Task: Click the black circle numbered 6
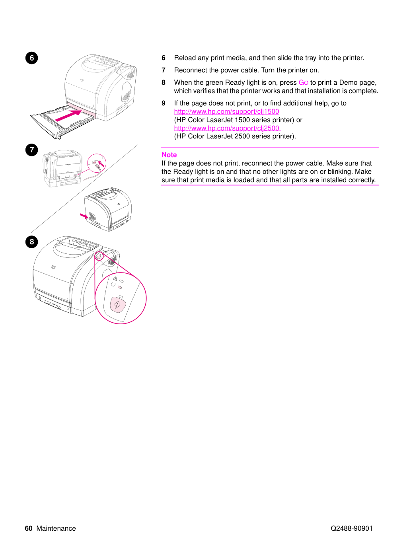click(32, 58)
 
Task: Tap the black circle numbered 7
click(32, 150)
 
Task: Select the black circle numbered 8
click(32, 242)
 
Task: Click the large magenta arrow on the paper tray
click(68, 115)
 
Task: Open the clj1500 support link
click(226, 111)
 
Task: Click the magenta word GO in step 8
click(303, 82)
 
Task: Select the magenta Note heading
click(169, 155)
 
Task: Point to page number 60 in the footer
click(28, 528)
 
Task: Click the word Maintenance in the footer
click(56, 528)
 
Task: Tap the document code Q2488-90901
click(351, 528)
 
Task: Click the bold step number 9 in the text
click(164, 103)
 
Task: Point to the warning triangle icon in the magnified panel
click(115, 278)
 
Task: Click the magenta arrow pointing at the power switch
click(84, 216)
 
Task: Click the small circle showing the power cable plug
click(97, 163)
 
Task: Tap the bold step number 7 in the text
click(164, 70)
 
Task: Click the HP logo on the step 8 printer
click(53, 267)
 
